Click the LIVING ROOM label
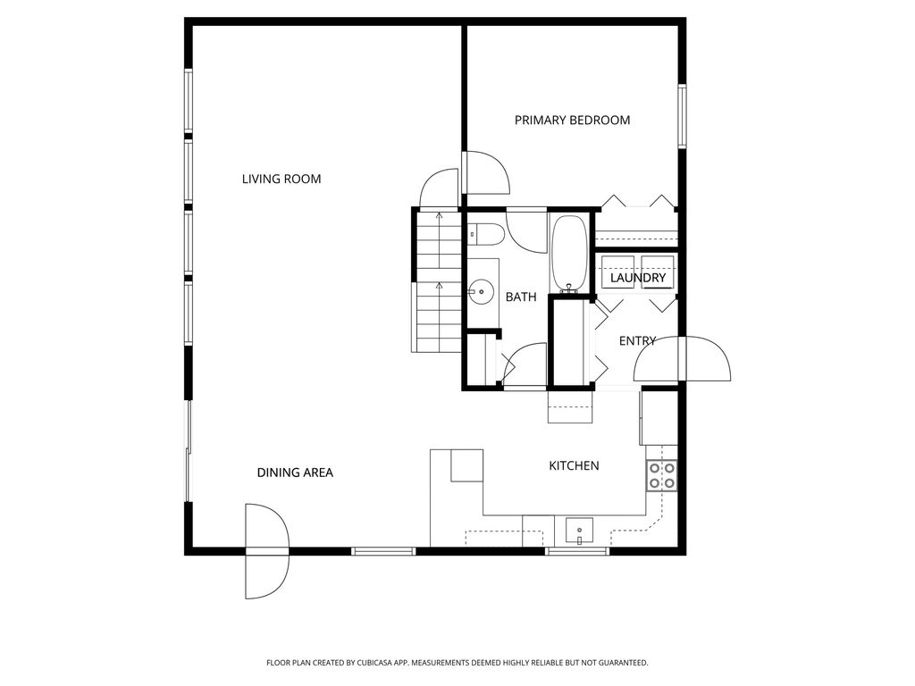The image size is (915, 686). point(281,179)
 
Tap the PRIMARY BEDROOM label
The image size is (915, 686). point(572,120)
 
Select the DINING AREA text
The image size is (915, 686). point(295,473)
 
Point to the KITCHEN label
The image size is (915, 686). point(574,465)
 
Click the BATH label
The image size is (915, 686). point(521,297)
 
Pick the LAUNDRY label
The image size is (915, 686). point(638,279)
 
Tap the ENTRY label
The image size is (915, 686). point(637,340)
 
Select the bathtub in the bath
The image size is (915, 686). point(568,254)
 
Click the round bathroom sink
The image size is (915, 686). point(481,290)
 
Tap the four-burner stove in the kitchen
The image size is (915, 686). point(661,475)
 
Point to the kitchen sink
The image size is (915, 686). point(579,530)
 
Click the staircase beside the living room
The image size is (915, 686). point(437,281)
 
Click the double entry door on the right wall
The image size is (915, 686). point(684,361)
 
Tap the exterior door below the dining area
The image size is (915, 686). point(267,551)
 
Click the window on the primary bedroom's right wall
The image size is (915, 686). point(681,116)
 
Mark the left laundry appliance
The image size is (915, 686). point(617,270)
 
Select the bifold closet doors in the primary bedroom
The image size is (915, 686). point(637,201)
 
